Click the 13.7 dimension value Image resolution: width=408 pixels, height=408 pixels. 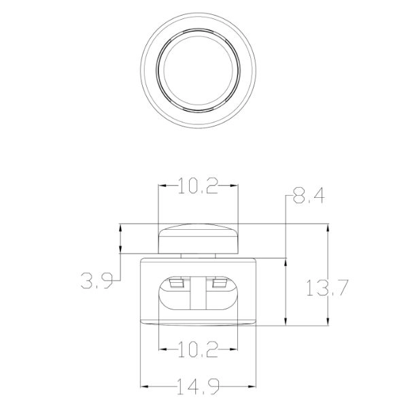(x=327, y=288)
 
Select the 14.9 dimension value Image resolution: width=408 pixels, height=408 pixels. (x=198, y=386)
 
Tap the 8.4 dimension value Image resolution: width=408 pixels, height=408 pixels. (x=309, y=195)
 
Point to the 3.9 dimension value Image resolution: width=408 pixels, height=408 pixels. (x=97, y=280)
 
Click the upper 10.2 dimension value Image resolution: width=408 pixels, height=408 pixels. (x=198, y=186)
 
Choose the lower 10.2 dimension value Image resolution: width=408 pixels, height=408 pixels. (x=198, y=350)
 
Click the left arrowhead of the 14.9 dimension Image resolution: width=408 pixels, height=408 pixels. (x=144, y=386)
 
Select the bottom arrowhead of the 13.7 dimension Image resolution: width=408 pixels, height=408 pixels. (x=328, y=321)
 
